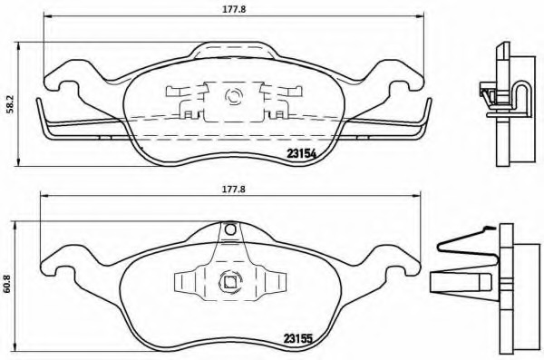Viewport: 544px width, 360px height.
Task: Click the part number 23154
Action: [302, 153]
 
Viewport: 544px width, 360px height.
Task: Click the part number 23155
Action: [298, 338]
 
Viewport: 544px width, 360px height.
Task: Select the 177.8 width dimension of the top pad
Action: [234, 9]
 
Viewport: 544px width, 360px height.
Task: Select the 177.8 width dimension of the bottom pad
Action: [234, 190]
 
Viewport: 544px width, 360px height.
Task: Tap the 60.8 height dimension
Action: [7, 284]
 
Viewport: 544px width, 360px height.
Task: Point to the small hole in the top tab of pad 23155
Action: [230, 229]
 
